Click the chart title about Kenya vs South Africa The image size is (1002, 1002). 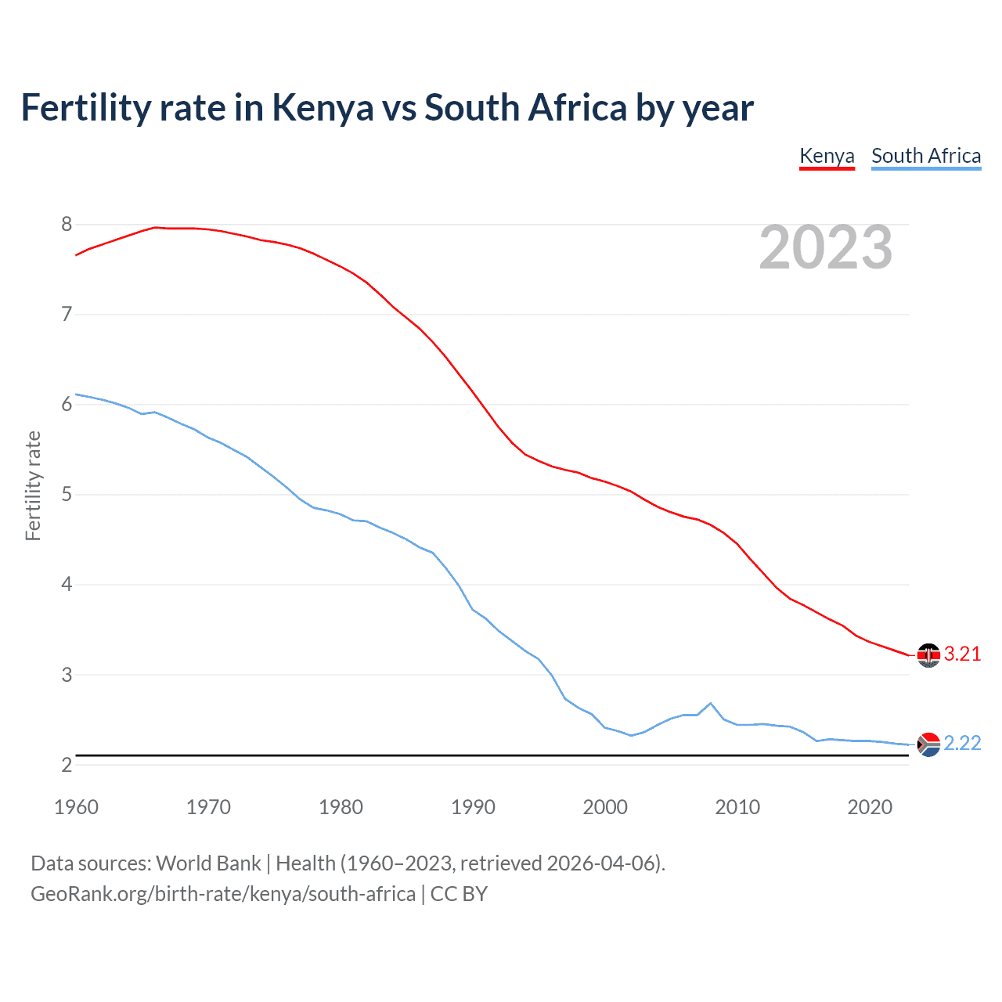tap(387, 108)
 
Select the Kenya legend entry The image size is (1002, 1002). tap(827, 156)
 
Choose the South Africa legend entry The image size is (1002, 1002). tap(926, 156)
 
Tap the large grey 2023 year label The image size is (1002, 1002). tap(826, 248)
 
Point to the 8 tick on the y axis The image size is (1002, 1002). tap(67, 225)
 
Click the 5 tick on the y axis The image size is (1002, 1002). tap(67, 495)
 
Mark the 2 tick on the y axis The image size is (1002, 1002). tap(67, 765)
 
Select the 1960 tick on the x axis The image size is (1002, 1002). tap(76, 807)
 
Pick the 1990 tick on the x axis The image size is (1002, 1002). tap(473, 807)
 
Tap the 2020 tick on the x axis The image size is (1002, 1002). tap(870, 807)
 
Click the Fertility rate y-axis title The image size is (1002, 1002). tap(33, 485)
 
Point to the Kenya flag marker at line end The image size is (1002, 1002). tap(928, 655)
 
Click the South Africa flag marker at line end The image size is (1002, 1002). tap(928, 744)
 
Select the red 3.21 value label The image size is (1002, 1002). tap(962, 654)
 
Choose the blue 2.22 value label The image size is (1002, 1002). tap(962, 744)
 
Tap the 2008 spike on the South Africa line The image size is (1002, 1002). tap(710, 703)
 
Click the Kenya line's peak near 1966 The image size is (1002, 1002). tap(155, 227)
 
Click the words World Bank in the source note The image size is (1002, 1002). tap(208, 863)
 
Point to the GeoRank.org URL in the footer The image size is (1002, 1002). tap(223, 894)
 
